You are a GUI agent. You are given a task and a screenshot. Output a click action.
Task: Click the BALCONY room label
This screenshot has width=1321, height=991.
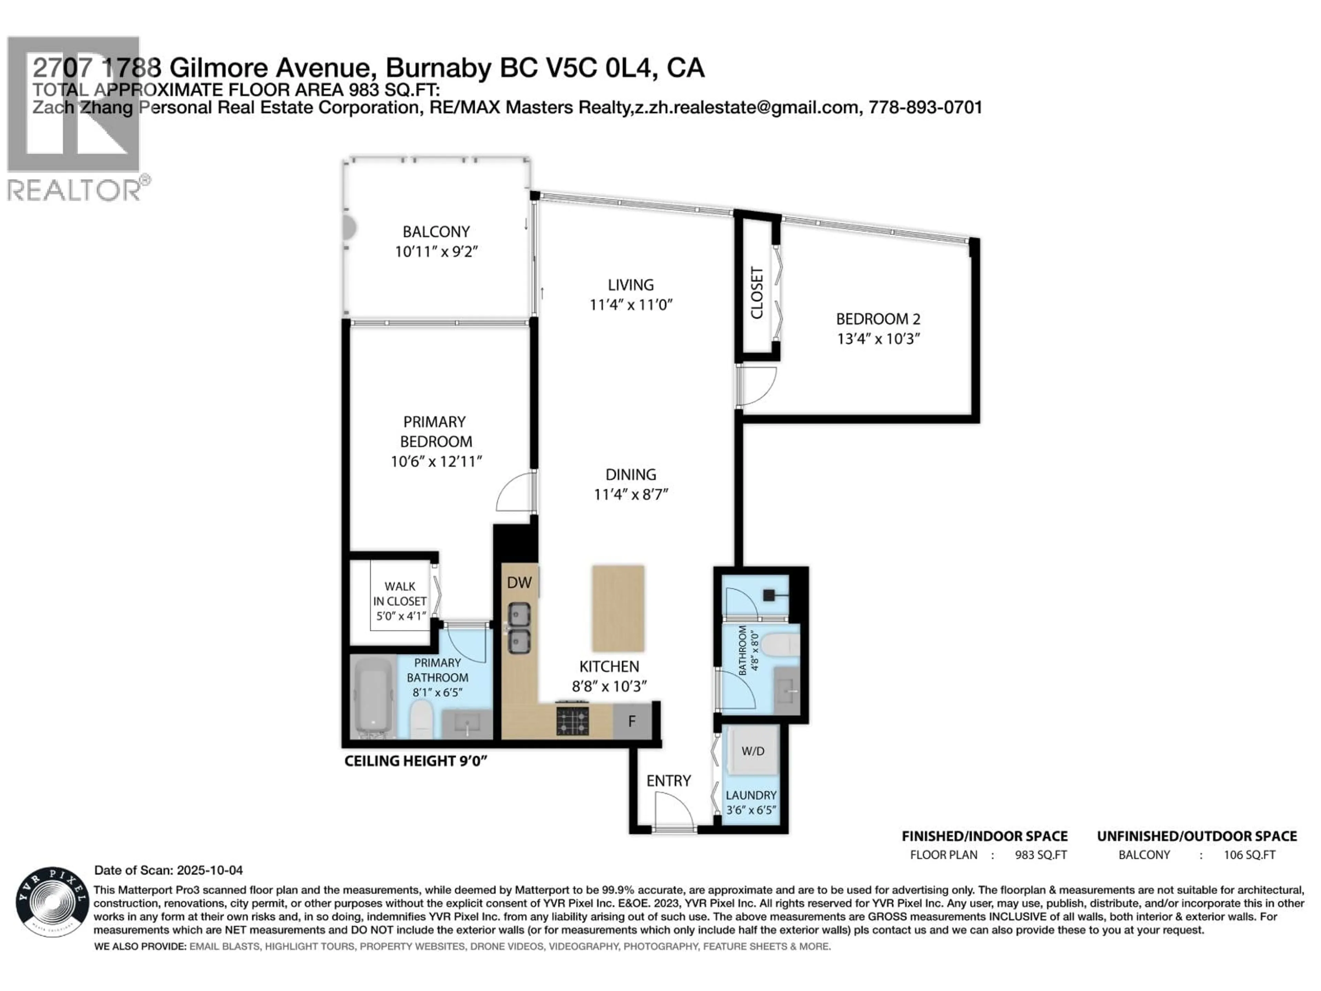click(436, 232)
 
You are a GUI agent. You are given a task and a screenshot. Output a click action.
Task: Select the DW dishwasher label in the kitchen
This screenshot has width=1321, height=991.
click(519, 583)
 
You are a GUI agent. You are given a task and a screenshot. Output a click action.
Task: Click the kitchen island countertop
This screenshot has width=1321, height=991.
click(618, 608)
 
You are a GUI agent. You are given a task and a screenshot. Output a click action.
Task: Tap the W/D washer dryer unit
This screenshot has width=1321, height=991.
click(752, 751)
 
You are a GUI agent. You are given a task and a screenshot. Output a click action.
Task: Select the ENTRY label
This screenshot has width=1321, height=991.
click(668, 781)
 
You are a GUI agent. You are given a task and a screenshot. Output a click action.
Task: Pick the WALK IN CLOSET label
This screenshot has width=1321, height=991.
click(399, 594)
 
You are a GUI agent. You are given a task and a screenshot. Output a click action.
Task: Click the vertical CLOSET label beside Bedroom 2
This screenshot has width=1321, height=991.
click(756, 293)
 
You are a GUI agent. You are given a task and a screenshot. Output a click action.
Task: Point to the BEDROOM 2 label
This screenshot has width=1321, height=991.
click(878, 319)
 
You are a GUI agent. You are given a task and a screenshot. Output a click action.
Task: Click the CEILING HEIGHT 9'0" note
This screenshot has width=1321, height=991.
click(416, 761)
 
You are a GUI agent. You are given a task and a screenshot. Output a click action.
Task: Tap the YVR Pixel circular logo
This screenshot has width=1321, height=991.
click(52, 902)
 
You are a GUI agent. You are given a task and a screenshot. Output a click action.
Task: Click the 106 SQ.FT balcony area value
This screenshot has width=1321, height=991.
click(1249, 855)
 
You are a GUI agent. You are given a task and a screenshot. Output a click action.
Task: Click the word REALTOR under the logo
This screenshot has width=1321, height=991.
click(74, 191)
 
